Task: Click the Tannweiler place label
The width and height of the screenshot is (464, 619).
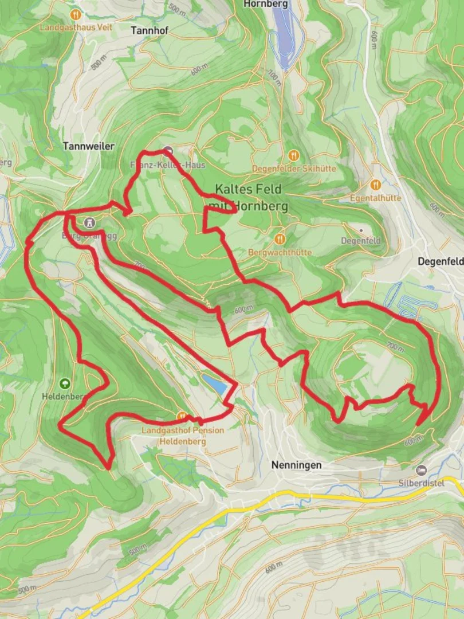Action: pyautogui.click(x=89, y=146)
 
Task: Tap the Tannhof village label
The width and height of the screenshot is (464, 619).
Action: pyautogui.click(x=150, y=30)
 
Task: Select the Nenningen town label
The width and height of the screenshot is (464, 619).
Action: pyautogui.click(x=296, y=465)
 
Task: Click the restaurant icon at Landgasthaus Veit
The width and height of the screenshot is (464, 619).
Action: pyautogui.click(x=75, y=14)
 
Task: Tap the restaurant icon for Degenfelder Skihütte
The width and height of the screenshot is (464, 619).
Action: pyautogui.click(x=293, y=155)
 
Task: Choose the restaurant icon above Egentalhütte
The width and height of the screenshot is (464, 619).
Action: pyautogui.click(x=376, y=185)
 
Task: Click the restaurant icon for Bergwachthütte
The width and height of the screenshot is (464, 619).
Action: pyautogui.click(x=280, y=239)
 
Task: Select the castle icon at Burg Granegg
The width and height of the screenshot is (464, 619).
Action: pyautogui.click(x=89, y=222)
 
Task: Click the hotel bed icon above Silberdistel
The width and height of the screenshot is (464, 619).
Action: pyautogui.click(x=422, y=470)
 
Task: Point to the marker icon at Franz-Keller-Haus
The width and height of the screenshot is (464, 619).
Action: pyautogui.click(x=168, y=152)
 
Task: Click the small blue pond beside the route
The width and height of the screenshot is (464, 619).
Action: pyautogui.click(x=214, y=385)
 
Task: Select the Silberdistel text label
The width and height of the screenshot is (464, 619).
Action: pyautogui.click(x=422, y=483)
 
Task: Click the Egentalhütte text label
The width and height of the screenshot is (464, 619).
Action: pyautogui.click(x=376, y=198)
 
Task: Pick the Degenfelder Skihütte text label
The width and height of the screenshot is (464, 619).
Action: pyautogui.click(x=294, y=169)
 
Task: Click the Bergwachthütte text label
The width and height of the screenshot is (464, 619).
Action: pyautogui.click(x=281, y=252)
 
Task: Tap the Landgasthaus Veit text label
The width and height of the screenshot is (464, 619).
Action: pyautogui.click(x=76, y=26)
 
